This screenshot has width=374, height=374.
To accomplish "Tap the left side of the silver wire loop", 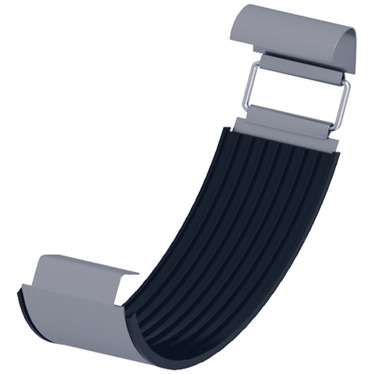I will (x=248, y=86).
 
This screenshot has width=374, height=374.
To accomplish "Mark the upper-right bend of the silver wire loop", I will (x=347, y=85).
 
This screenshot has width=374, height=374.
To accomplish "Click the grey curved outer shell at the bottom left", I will (x=70, y=323).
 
